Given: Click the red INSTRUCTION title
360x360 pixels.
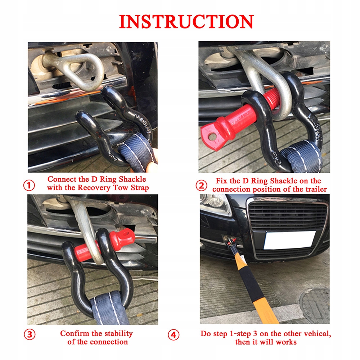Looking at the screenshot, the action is [186, 22].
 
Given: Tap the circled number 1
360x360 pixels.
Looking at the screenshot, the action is [29, 185].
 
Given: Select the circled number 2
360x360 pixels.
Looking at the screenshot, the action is [201, 185].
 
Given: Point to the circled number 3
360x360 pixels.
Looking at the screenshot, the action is [30, 334].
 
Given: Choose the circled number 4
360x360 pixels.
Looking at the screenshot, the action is [174, 335].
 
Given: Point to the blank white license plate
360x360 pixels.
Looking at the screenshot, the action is [290, 240].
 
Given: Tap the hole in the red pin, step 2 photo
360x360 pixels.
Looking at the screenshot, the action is [212, 137].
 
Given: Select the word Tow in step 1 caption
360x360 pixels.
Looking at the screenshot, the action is [121, 188].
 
